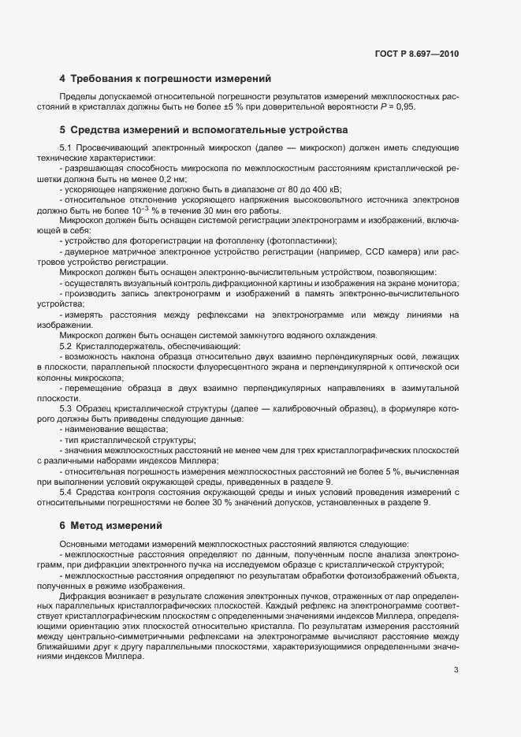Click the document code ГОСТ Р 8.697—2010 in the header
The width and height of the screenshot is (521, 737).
pyautogui.click(x=418, y=54)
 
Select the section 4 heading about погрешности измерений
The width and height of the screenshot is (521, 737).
pyautogui.click(x=166, y=79)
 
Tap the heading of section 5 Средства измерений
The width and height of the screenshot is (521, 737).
pyautogui.click(x=203, y=129)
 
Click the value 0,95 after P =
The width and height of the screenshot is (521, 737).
pyautogui.click(x=404, y=106)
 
